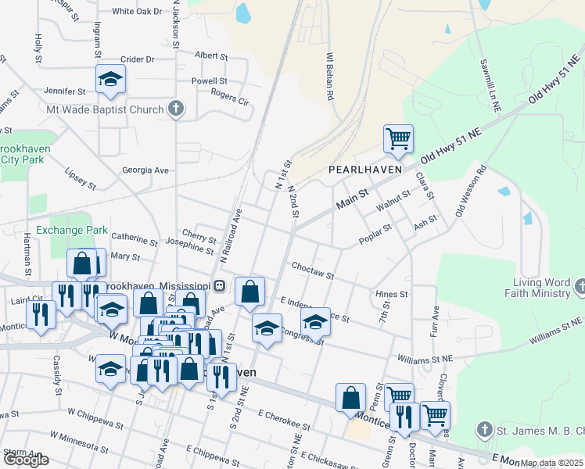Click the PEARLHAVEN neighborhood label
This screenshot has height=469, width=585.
tap(364, 169)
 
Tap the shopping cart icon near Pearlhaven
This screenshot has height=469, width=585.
tap(398, 139)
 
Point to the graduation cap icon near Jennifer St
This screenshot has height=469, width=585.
tap(110, 79)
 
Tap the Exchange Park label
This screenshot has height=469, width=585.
tap(71, 231)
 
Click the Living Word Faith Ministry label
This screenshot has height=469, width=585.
tap(541, 288)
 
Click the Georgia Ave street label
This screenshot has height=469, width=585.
tap(145, 170)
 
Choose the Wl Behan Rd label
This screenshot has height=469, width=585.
tap(331, 76)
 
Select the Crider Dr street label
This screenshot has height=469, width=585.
tap(138, 59)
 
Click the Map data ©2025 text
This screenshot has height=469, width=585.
tap(551, 464)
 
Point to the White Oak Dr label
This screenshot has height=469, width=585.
tap(137, 12)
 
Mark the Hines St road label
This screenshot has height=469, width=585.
tap(392, 294)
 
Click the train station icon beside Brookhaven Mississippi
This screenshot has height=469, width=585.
tap(221, 285)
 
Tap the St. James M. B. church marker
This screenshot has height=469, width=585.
tap(484, 430)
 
